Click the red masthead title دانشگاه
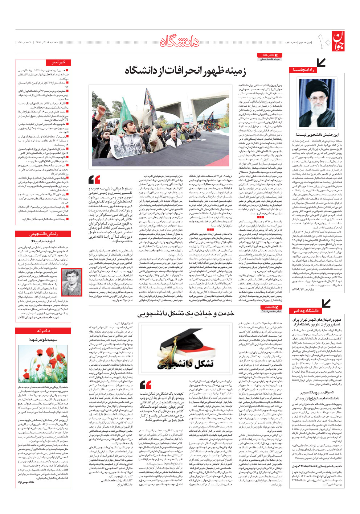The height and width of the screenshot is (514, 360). pos(180,42)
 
